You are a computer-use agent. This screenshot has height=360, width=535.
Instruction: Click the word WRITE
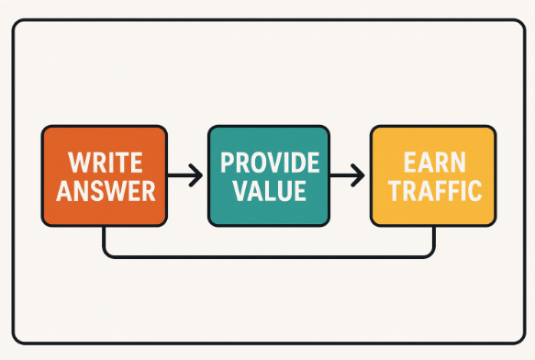point(105,164)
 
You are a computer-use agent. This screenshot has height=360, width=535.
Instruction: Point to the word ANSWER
point(105,192)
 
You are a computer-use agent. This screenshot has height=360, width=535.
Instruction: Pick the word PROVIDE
point(269,164)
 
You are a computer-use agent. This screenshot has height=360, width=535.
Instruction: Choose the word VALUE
point(269,192)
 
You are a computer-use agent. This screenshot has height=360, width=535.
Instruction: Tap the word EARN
point(433,164)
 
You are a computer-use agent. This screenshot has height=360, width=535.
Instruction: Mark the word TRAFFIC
point(433,192)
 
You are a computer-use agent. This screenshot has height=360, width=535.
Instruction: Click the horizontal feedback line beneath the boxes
point(269,254)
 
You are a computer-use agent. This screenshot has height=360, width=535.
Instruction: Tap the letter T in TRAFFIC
point(391,192)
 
